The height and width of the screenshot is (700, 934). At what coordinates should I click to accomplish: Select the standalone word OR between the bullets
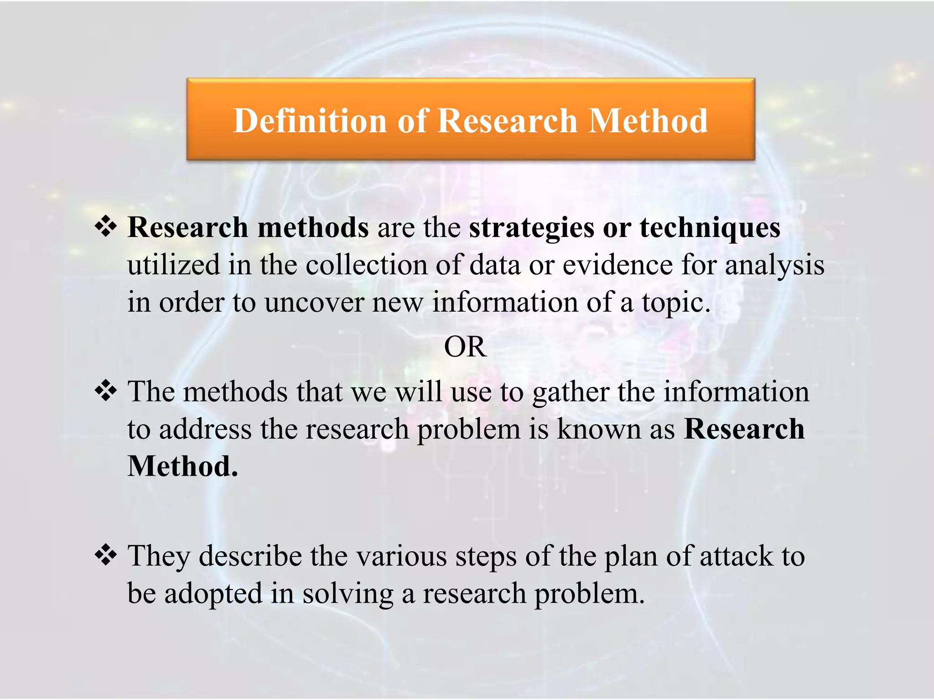465,347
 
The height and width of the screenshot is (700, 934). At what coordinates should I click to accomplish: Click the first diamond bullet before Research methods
106,226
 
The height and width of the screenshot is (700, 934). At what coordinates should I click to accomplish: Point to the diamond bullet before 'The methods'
106,391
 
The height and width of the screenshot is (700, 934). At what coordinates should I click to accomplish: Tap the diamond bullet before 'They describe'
106,556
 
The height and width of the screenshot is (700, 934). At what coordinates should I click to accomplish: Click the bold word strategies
532,227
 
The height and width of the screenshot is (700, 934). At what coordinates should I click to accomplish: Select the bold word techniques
710,227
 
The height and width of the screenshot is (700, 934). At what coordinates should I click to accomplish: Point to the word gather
571,392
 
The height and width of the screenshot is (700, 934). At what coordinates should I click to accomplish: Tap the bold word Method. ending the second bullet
182,466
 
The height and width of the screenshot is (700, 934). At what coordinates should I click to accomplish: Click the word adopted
213,594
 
